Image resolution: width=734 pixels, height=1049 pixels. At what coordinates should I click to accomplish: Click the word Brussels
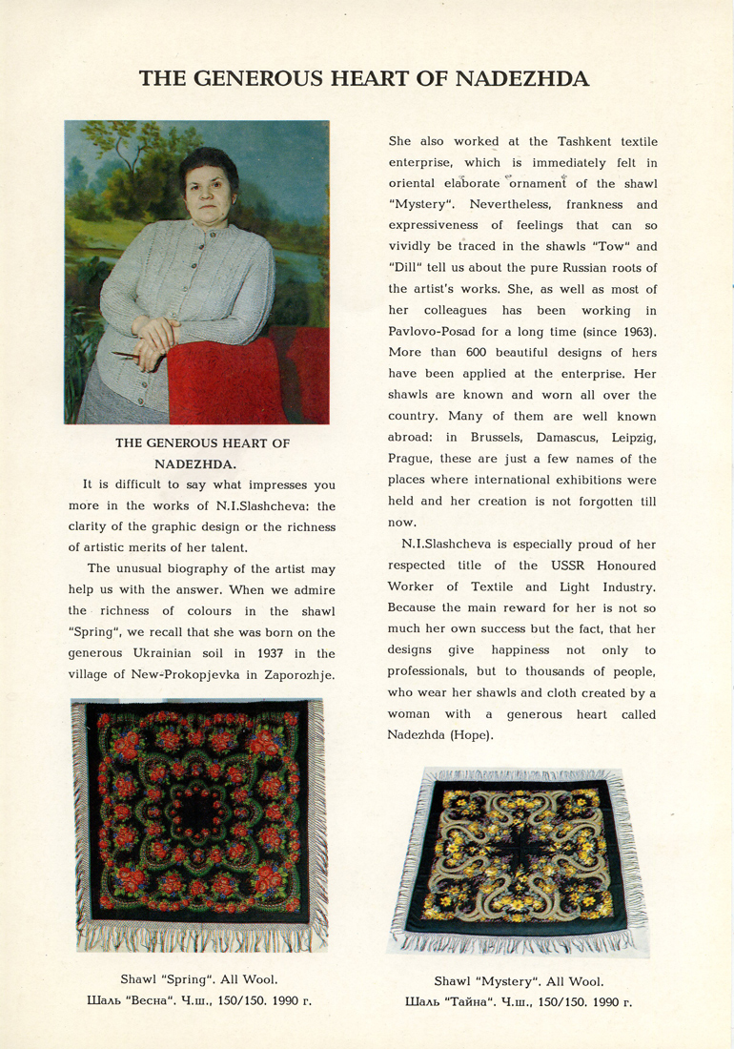[x=500, y=437]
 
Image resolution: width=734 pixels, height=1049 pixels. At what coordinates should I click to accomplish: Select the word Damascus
[x=575, y=437]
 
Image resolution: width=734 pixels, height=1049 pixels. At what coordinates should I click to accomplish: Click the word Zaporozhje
[x=296, y=675]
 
